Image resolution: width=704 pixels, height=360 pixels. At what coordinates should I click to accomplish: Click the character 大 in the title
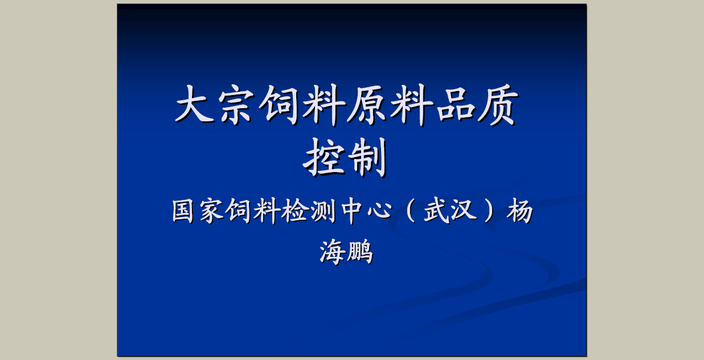[194, 104]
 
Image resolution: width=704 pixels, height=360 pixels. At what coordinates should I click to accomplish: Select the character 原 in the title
[367, 104]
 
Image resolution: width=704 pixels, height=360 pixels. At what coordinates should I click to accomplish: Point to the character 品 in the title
[455, 104]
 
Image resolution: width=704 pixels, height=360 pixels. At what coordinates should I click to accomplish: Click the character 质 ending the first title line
[498, 104]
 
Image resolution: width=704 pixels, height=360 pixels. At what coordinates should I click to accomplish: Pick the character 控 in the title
[324, 157]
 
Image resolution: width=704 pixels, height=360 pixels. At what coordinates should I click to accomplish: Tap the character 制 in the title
[369, 157]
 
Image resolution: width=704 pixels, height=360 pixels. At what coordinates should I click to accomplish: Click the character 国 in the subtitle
[183, 211]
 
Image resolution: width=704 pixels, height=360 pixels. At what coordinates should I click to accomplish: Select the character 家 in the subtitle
[211, 211]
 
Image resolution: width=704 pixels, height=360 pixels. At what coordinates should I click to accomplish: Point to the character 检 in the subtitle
[293, 211]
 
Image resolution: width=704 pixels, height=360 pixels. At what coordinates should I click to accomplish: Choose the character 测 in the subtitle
[322, 211]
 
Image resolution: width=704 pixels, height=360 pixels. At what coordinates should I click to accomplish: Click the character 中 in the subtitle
[351, 211]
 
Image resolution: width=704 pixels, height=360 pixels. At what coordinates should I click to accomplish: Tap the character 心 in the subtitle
[380, 211]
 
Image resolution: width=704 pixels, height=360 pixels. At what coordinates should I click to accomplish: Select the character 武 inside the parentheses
[437, 211]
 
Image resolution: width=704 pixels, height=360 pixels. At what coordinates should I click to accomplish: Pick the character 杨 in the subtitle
[519, 211]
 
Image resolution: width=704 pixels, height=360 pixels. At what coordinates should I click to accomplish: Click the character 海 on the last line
[333, 252]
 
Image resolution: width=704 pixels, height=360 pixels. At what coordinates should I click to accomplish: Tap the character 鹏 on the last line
[360, 252]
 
